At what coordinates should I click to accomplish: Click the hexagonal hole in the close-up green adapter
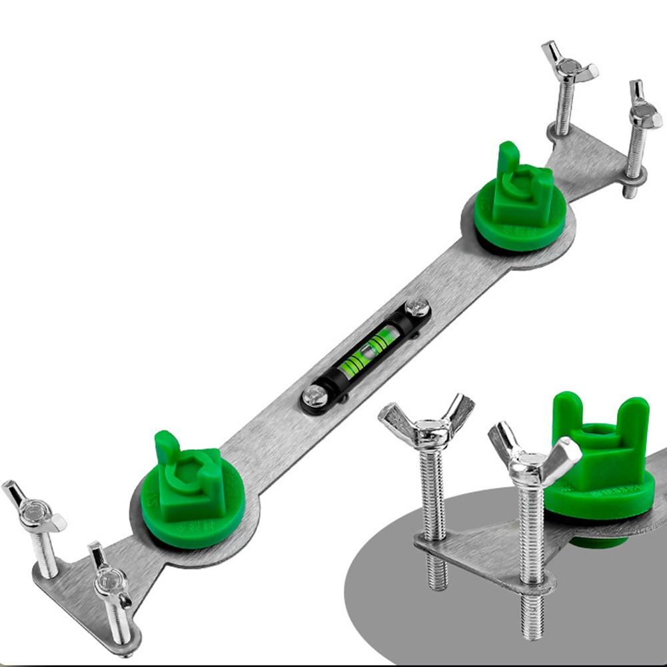(595, 436)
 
